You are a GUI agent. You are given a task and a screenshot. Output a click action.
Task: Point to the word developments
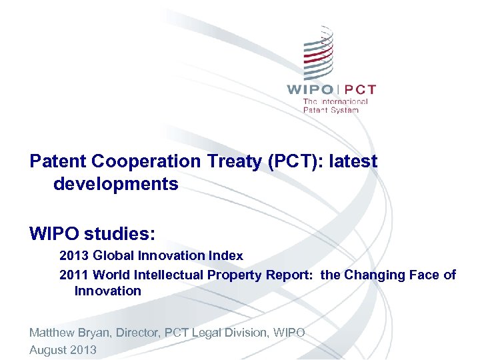point(116,184)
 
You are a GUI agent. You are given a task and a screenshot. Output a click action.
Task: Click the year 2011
point(73,275)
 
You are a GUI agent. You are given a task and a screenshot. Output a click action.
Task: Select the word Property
point(235,275)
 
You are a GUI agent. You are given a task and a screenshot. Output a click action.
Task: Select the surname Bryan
point(95,332)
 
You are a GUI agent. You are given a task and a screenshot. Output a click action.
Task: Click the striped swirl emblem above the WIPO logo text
point(318,53)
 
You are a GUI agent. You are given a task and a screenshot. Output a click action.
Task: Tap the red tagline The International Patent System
point(335,105)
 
